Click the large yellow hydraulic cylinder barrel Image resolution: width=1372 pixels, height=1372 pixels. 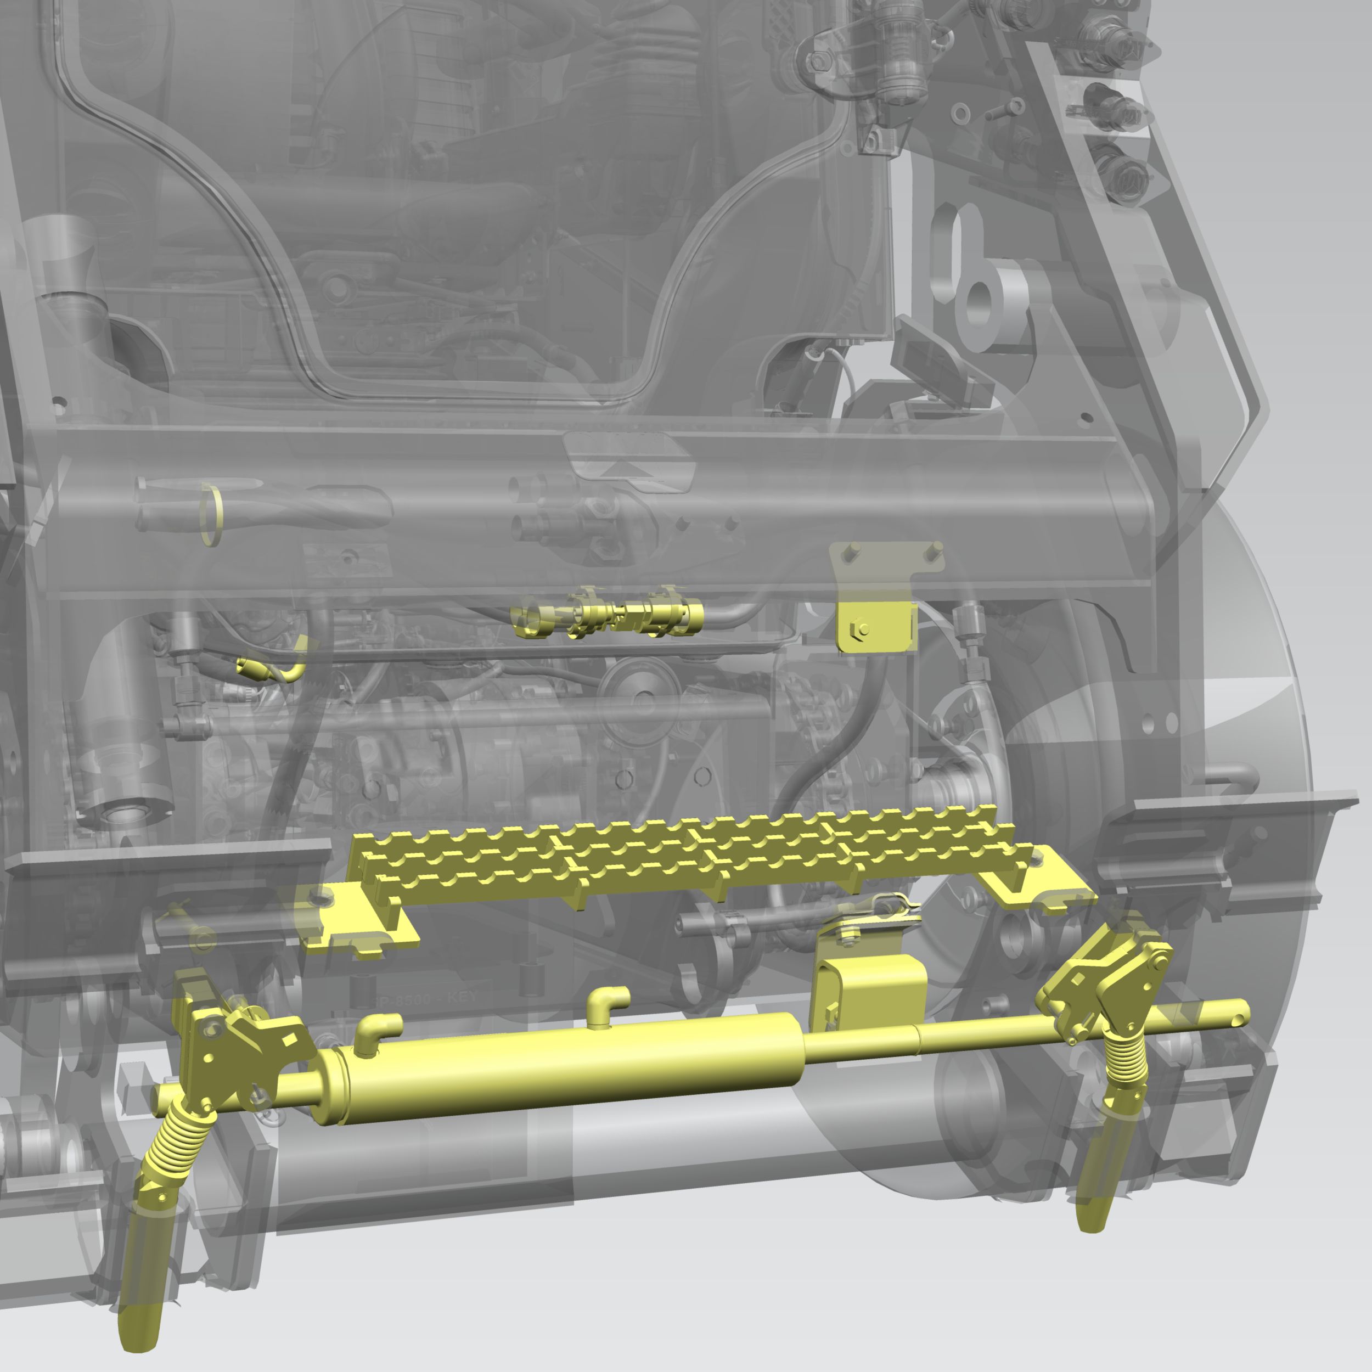tap(568, 1065)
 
